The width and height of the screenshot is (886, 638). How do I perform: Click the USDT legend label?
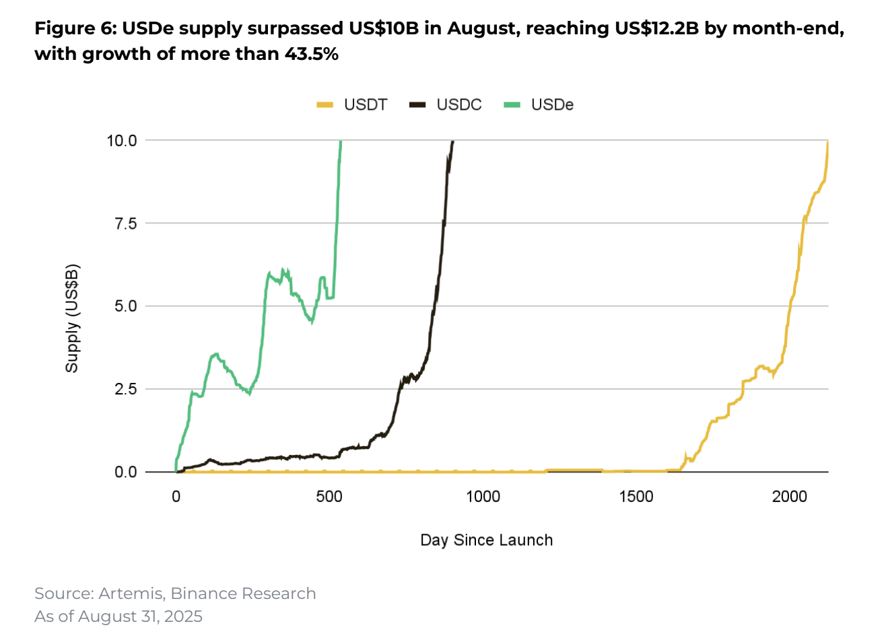[365, 105]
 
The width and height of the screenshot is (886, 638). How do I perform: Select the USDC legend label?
[458, 105]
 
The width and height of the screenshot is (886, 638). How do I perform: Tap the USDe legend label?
[552, 105]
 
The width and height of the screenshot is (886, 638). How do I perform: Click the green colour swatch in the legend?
[512, 105]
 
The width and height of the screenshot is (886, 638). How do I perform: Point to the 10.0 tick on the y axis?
[122, 141]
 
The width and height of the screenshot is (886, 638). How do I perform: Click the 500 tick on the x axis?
[329, 497]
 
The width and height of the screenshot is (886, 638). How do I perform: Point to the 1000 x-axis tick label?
[483, 497]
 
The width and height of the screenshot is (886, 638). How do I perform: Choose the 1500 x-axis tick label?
[636, 497]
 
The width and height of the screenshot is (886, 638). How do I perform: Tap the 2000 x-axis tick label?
[790, 497]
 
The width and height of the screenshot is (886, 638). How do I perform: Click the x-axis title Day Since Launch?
[486, 540]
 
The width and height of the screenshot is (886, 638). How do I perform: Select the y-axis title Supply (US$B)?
[72, 318]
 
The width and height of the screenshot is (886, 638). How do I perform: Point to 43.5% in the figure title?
[311, 54]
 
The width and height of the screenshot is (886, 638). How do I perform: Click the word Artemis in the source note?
[131, 594]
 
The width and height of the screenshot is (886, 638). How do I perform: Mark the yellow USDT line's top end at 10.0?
[827, 142]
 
